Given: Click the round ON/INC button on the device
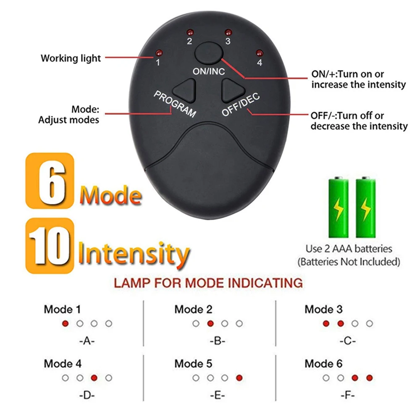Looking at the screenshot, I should [x=208, y=53].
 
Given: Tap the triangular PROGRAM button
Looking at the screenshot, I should [x=185, y=89].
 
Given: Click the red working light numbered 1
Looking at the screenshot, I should [x=158, y=53].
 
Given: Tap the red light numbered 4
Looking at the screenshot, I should [x=259, y=53].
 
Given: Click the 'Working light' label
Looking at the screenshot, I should [x=71, y=58].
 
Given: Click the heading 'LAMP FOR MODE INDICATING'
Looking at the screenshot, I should [x=208, y=283].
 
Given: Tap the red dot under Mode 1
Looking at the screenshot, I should [x=65, y=323].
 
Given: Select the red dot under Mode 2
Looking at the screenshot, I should [x=210, y=323].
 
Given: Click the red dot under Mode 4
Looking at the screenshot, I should [x=94, y=378].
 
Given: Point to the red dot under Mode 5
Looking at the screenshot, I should [x=239, y=378].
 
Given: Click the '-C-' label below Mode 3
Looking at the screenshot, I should [x=347, y=341].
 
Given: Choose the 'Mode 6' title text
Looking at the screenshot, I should [x=323, y=364].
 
